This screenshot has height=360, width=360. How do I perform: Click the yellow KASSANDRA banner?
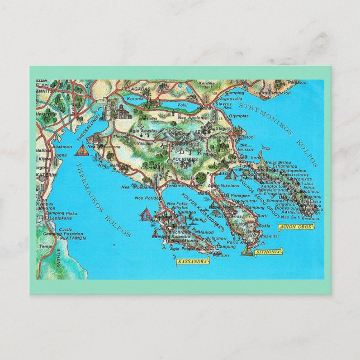pyautogui.click(x=192, y=261)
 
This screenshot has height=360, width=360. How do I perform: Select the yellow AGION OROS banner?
pyautogui.click(x=295, y=226)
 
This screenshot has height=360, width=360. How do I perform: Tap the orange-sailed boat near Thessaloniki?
pyautogui.click(x=83, y=150)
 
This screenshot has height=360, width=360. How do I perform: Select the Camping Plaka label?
pyautogui.click(x=60, y=214)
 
